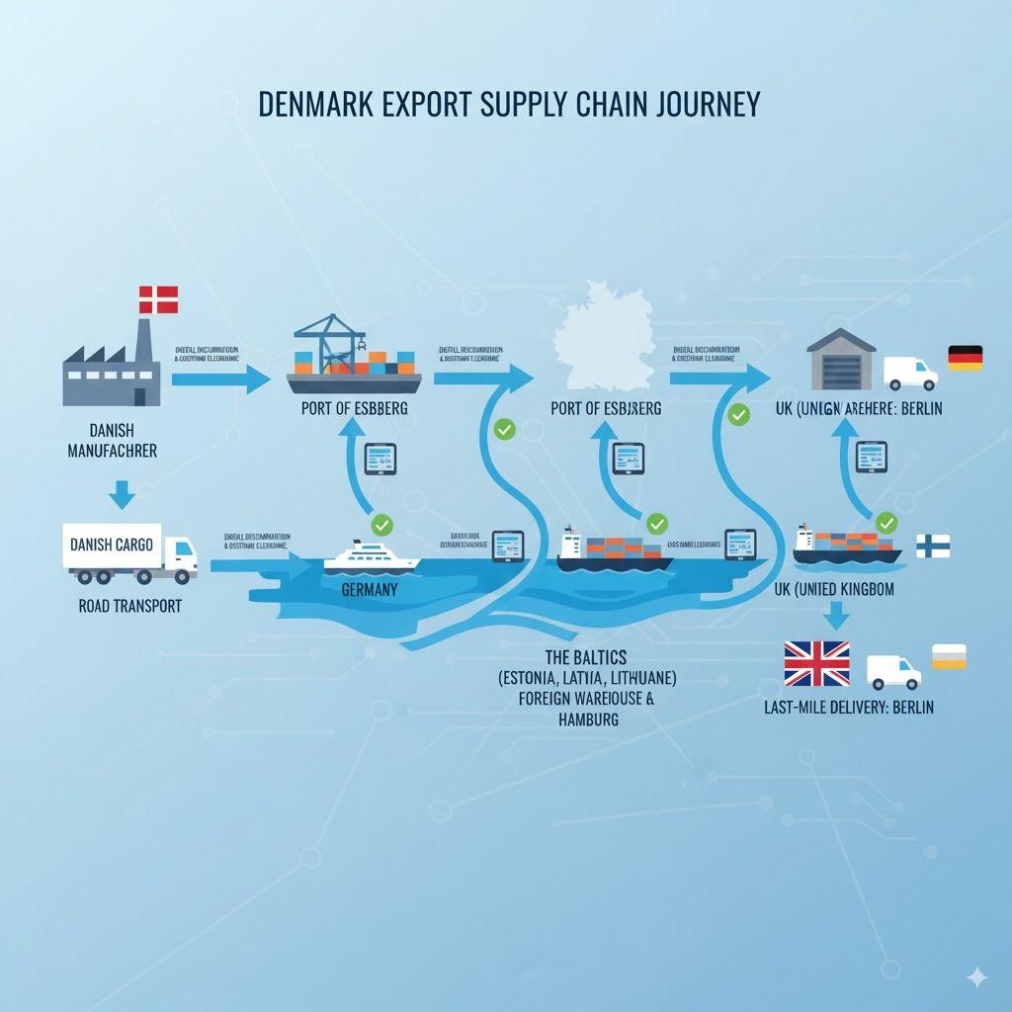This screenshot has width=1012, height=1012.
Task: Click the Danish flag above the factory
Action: (158, 299)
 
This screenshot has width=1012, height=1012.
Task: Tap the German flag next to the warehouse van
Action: (965, 358)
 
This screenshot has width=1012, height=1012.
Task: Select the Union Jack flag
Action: (816, 664)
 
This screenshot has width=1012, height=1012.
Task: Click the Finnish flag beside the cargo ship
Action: (932, 545)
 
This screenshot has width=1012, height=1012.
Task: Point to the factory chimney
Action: (144, 341)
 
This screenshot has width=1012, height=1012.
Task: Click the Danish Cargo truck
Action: (129, 553)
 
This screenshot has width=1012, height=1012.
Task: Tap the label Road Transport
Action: (129, 606)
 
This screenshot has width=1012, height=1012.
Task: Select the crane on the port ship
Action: (332, 342)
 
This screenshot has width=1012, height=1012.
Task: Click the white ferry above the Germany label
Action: (372, 556)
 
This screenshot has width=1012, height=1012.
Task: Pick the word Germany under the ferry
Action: (369, 590)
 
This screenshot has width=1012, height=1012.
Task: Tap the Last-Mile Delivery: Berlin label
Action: (848, 707)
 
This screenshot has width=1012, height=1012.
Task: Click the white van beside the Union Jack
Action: (893, 672)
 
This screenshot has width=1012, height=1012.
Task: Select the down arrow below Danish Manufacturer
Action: (122, 493)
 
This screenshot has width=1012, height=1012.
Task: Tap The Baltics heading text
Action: (586, 657)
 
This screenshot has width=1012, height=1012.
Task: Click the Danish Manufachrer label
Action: (112, 441)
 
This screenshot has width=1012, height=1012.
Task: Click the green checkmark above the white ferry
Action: (381, 524)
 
